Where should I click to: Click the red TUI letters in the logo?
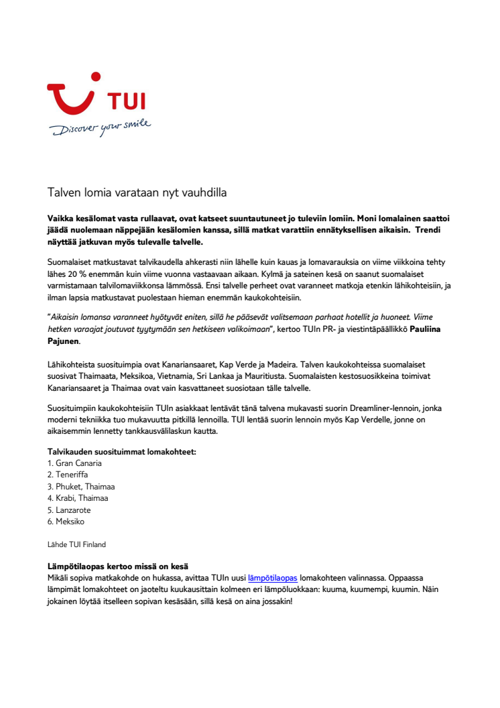pyautogui.click(x=126, y=102)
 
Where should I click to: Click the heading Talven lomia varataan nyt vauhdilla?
pyautogui.click(x=137, y=193)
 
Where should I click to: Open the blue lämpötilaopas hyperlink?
pyautogui.click(x=272, y=577)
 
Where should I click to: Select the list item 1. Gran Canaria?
pyautogui.click(x=74, y=463)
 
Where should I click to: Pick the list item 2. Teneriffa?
pyautogui.click(x=68, y=474)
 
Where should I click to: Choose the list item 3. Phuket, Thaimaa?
pyautogui.click(x=81, y=486)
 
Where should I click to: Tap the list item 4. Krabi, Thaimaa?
pyautogui.click(x=78, y=497)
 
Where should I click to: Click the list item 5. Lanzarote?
pyautogui.click(x=70, y=510)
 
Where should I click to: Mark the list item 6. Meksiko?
pyautogui.click(x=66, y=521)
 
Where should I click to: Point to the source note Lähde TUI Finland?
pyautogui.click(x=76, y=544)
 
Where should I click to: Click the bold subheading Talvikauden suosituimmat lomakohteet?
pyautogui.click(x=121, y=451)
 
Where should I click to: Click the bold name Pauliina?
pyautogui.click(x=430, y=330)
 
